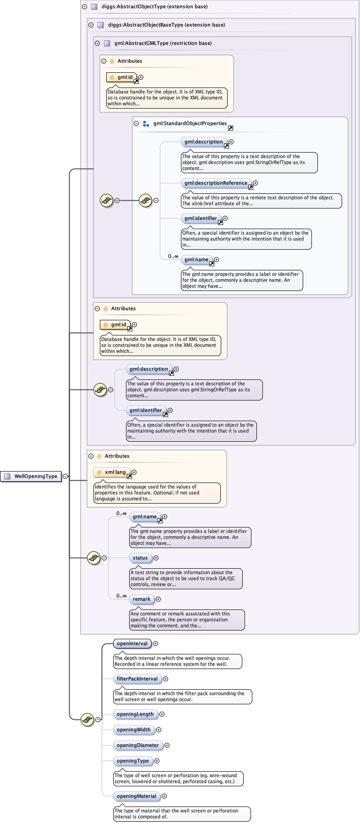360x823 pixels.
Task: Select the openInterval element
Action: pyautogui.click(x=132, y=644)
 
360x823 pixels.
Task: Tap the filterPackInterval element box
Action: pyautogui.click(x=137, y=679)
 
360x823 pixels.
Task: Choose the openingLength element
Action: pyautogui.click(x=135, y=714)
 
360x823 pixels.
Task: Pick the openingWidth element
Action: pyautogui.click(x=133, y=730)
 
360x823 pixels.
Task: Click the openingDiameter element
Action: pyautogui.click(x=137, y=746)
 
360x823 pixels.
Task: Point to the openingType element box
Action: pyautogui.click(x=132, y=761)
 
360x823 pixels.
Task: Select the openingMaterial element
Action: pyautogui.click(x=136, y=796)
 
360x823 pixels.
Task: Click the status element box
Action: pyautogui.click(x=140, y=558)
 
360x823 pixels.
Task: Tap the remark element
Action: pyautogui.click(x=142, y=599)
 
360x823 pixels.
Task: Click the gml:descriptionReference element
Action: pyautogui.click(x=216, y=183)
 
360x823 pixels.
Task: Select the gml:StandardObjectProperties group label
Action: pyautogui.click(x=190, y=124)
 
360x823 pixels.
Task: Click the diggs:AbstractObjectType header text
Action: pyautogui.click(x=154, y=7)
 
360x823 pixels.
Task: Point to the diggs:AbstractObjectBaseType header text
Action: pyautogui.click(x=166, y=25)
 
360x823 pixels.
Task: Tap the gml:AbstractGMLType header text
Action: pyautogui.click(x=163, y=44)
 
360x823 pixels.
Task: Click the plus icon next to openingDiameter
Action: pyautogui.click(x=167, y=746)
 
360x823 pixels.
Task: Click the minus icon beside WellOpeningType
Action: pyautogui.click(x=65, y=476)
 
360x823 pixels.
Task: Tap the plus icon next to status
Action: pyautogui.click(x=156, y=558)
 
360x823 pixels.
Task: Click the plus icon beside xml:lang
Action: pyautogui.click(x=134, y=472)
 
